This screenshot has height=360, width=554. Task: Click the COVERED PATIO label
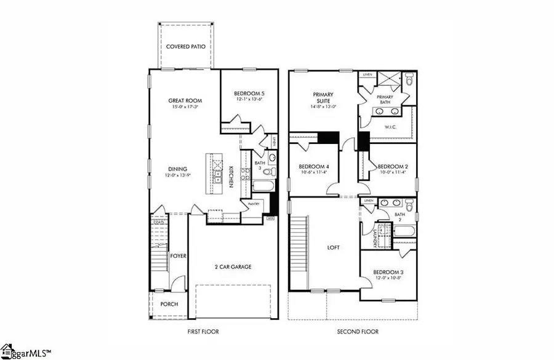[185, 46]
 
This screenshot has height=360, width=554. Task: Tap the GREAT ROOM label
[185, 100]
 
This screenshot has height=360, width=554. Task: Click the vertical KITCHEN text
[231, 176]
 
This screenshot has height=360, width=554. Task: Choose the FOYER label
[179, 255]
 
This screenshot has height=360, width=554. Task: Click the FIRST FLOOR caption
[203, 332]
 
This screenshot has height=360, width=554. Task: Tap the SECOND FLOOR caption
[358, 332]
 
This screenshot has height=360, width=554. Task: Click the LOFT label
[332, 247]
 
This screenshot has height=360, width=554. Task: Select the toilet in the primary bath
[409, 79]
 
